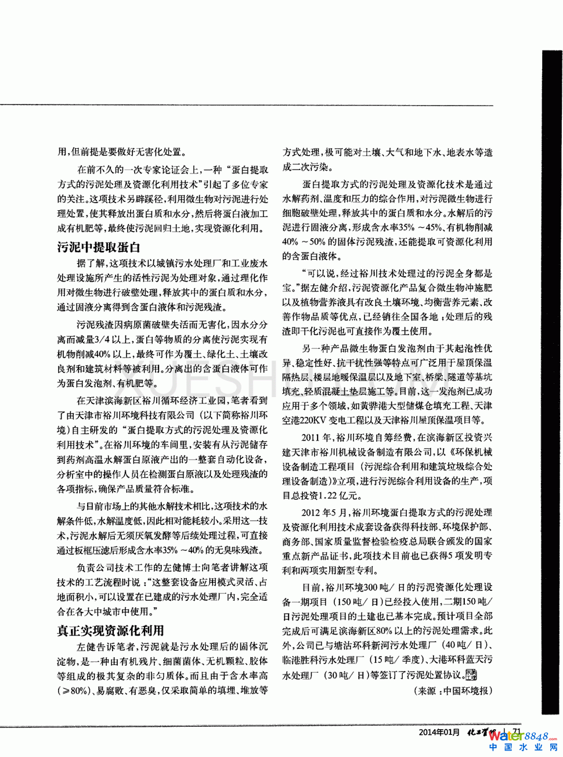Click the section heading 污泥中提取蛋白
pos(99,247)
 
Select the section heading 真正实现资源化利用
pos(110,630)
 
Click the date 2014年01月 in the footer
pos(439,733)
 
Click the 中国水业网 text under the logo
pos(522,748)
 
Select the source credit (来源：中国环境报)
pos(453,691)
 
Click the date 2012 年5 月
pos(324,513)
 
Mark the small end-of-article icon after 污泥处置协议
pos(471,674)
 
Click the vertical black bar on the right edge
pos(552,383)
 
